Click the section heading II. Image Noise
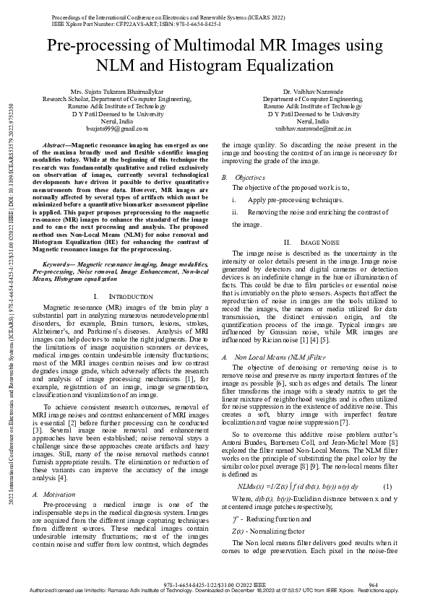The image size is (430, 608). tap(310, 242)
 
